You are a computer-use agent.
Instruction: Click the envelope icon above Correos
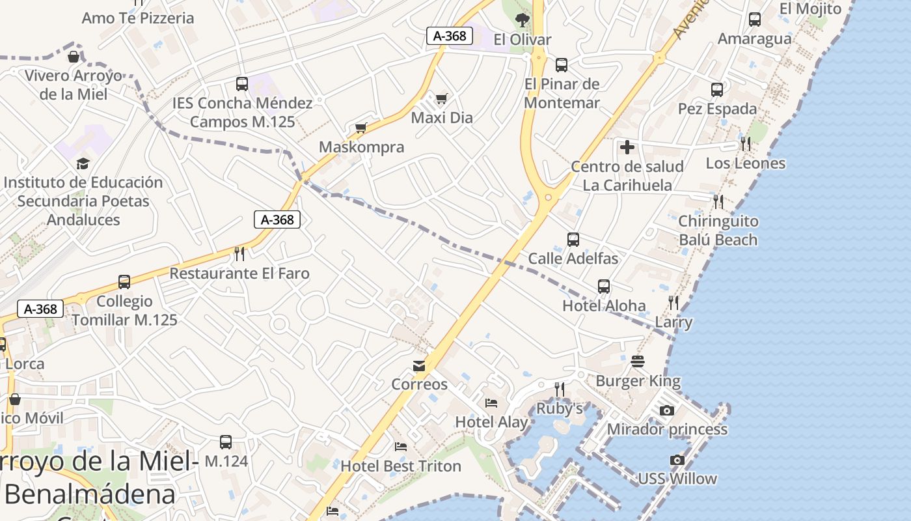[x=419, y=366]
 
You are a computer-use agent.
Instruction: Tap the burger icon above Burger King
[x=638, y=361]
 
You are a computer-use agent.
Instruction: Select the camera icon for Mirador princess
[x=667, y=410]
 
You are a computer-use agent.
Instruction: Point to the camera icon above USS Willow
[x=677, y=460]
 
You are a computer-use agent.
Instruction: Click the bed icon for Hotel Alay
[x=491, y=403]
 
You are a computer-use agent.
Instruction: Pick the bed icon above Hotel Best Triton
[x=401, y=447]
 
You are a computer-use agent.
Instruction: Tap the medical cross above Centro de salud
[x=627, y=147]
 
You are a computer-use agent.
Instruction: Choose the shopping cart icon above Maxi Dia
[x=442, y=98]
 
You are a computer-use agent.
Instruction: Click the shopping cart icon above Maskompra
[x=361, y=128]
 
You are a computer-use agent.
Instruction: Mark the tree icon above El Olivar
[x=522, y=20]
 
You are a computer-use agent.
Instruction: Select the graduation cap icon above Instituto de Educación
[x=83, y=163]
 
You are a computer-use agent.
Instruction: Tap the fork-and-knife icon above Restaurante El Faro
[x=239, y=253]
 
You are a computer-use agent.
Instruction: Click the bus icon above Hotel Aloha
[x=604, y=287]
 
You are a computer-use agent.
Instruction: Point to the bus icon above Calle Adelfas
[x=573, y=239]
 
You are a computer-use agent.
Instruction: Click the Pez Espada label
[x=717, y=109]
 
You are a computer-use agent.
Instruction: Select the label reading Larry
[x=673, y=322]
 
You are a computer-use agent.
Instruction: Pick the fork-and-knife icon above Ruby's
[x=560, y=389]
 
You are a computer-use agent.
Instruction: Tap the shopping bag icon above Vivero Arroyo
[x=74, y=57]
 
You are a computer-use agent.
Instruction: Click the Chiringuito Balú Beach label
[x=718, y=231]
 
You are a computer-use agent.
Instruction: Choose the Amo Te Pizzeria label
[x=138, y=18]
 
